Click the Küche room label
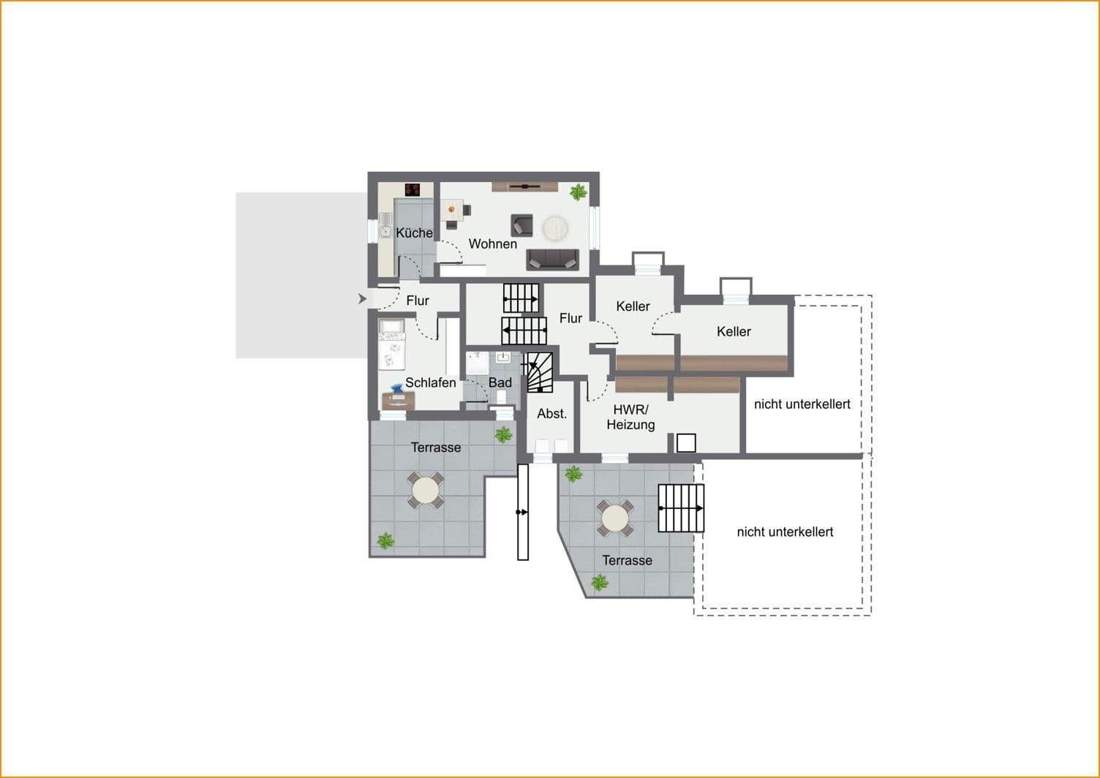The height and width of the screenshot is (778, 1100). point(414,233)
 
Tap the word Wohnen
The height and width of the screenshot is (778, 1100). point(492,244)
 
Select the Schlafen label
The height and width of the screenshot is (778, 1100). point(430,382)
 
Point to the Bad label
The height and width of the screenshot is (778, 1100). point(500,382)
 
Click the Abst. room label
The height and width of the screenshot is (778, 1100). point(551,414)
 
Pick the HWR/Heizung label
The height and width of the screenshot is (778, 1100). point(630,418)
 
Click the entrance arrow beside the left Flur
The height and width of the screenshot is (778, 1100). point(361,298)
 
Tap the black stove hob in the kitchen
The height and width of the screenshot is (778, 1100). point(412,189)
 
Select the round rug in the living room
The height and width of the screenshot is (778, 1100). point(555,227)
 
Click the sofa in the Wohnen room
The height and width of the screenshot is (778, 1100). point(552,259)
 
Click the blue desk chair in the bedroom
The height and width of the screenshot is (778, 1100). point(397,391)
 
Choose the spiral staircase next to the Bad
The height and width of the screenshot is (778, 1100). point(540,372)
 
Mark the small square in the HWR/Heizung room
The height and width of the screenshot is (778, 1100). point(686,442)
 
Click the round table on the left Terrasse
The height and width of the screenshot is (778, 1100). point(425,491)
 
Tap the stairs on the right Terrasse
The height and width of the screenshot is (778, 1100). point(681,508)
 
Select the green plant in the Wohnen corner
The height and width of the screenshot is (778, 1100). point(578,192)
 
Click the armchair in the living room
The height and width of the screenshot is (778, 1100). point(521,224)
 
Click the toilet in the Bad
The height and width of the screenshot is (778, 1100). point(502,396)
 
